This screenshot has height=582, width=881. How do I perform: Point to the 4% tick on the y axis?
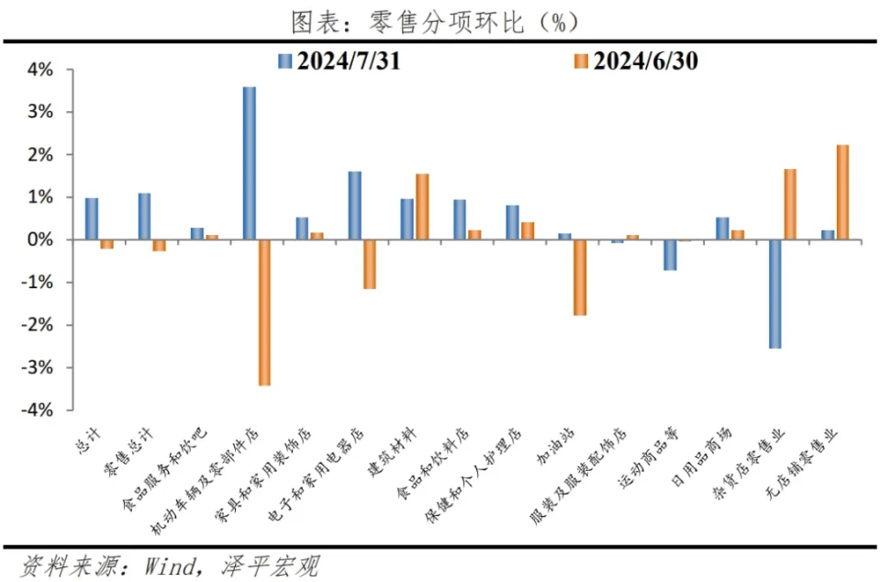coord(41,70)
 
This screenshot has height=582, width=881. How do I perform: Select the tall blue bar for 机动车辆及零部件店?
coord(249,163)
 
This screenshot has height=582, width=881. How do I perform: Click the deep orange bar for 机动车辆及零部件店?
coord(264,312)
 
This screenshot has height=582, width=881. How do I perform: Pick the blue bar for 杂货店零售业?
coord(775,294)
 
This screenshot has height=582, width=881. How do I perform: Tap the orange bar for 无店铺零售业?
coord(842,193)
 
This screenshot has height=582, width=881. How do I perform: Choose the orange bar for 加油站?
coord(580,277)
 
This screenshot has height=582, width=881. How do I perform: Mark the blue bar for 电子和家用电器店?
coord(354,206)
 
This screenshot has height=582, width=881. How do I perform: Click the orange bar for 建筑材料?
coord(422,207)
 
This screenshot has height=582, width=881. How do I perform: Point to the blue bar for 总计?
coord(92,218)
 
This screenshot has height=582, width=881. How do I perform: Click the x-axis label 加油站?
coord(564,450)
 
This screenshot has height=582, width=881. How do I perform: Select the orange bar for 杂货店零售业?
coord(789,205)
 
